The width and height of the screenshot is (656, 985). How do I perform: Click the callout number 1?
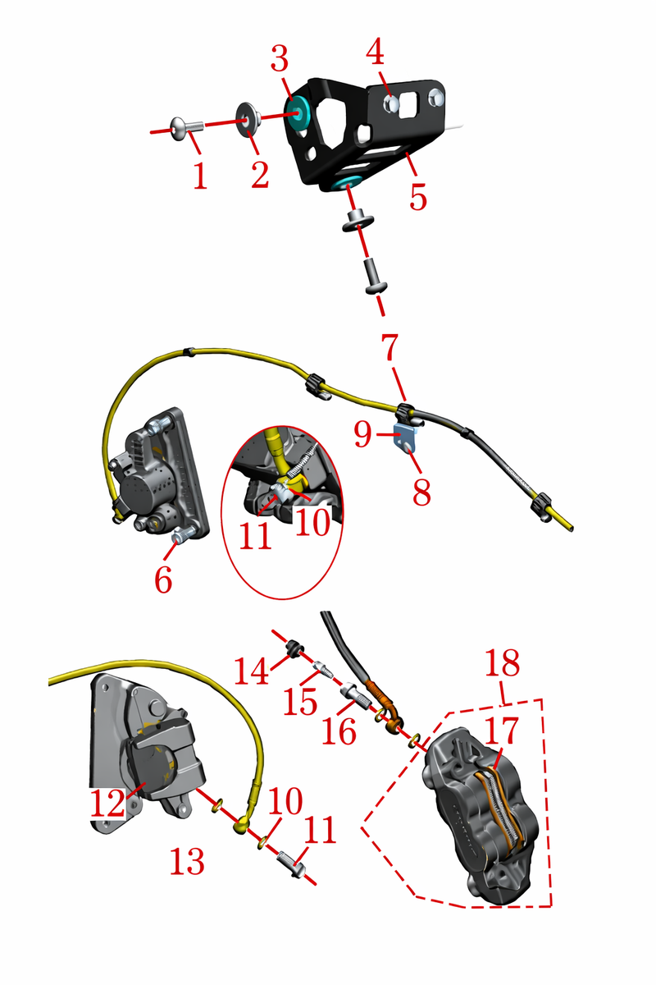[x=200, y=176]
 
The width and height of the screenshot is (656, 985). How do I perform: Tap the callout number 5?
[x=418, y=196]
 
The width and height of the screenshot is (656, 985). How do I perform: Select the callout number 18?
[x=503, y=662]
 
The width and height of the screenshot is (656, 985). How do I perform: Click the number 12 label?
[x=107, y=804]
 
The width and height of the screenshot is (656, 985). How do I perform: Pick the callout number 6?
[x=163, y=580]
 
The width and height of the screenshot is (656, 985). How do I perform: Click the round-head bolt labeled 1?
[x=186, y=128]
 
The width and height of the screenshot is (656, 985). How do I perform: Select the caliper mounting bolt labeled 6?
[x=183, y=537]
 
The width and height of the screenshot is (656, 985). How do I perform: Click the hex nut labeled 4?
[x=391, y=103]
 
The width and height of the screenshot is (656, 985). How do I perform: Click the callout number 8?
[x=421, y=491]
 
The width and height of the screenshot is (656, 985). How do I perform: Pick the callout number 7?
[x=390, y=347]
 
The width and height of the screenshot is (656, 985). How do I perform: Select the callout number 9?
[x=363, y=434]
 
